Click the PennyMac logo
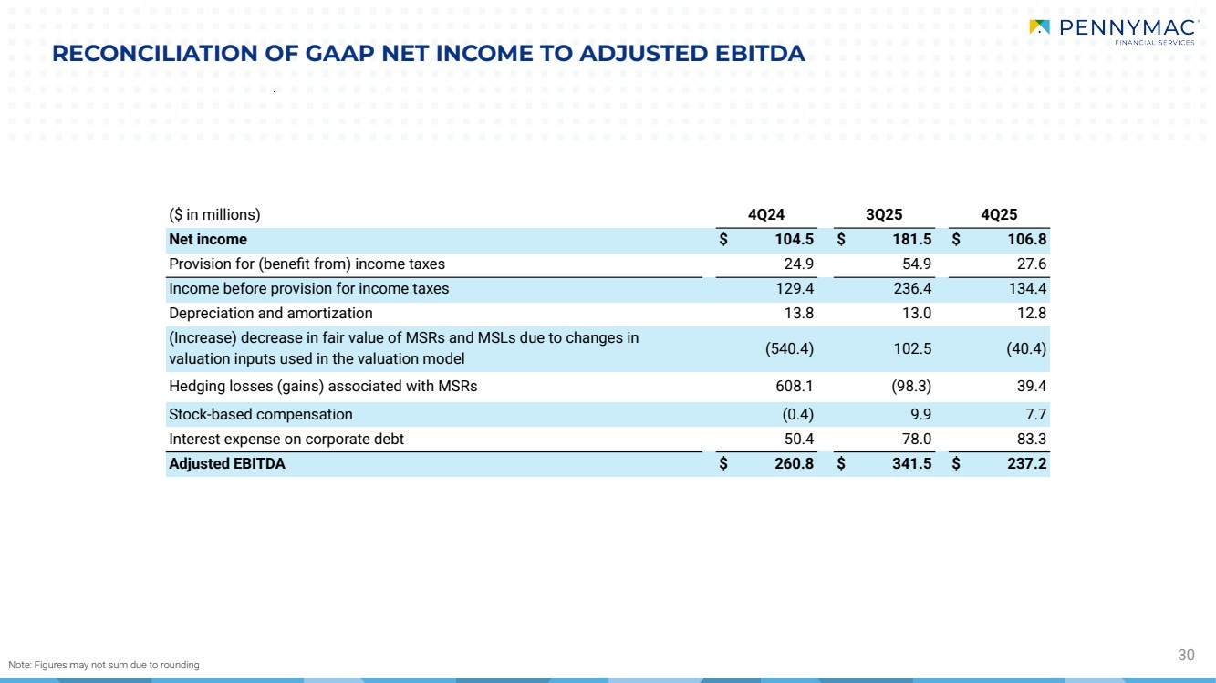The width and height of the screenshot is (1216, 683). pos(1111,31)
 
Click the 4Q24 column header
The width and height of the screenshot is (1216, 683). pos(766,215)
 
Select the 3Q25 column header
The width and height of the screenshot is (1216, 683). pos(883,215)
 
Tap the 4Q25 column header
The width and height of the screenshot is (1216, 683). pos(999,215)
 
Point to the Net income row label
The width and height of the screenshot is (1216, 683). pos(208,240)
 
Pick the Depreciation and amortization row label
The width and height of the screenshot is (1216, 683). pos(271,314)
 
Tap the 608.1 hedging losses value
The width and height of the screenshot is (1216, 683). pos(794,387)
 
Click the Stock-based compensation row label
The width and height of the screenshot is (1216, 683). pos(261,415)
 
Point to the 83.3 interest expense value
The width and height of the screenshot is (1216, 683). pos(1028,440)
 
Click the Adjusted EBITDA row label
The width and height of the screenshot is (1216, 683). pos(227,464)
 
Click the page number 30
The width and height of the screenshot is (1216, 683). pos(1186,655)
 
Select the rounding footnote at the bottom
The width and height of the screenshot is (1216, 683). pos(104,665)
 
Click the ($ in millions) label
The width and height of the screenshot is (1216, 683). pos(215,215)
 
